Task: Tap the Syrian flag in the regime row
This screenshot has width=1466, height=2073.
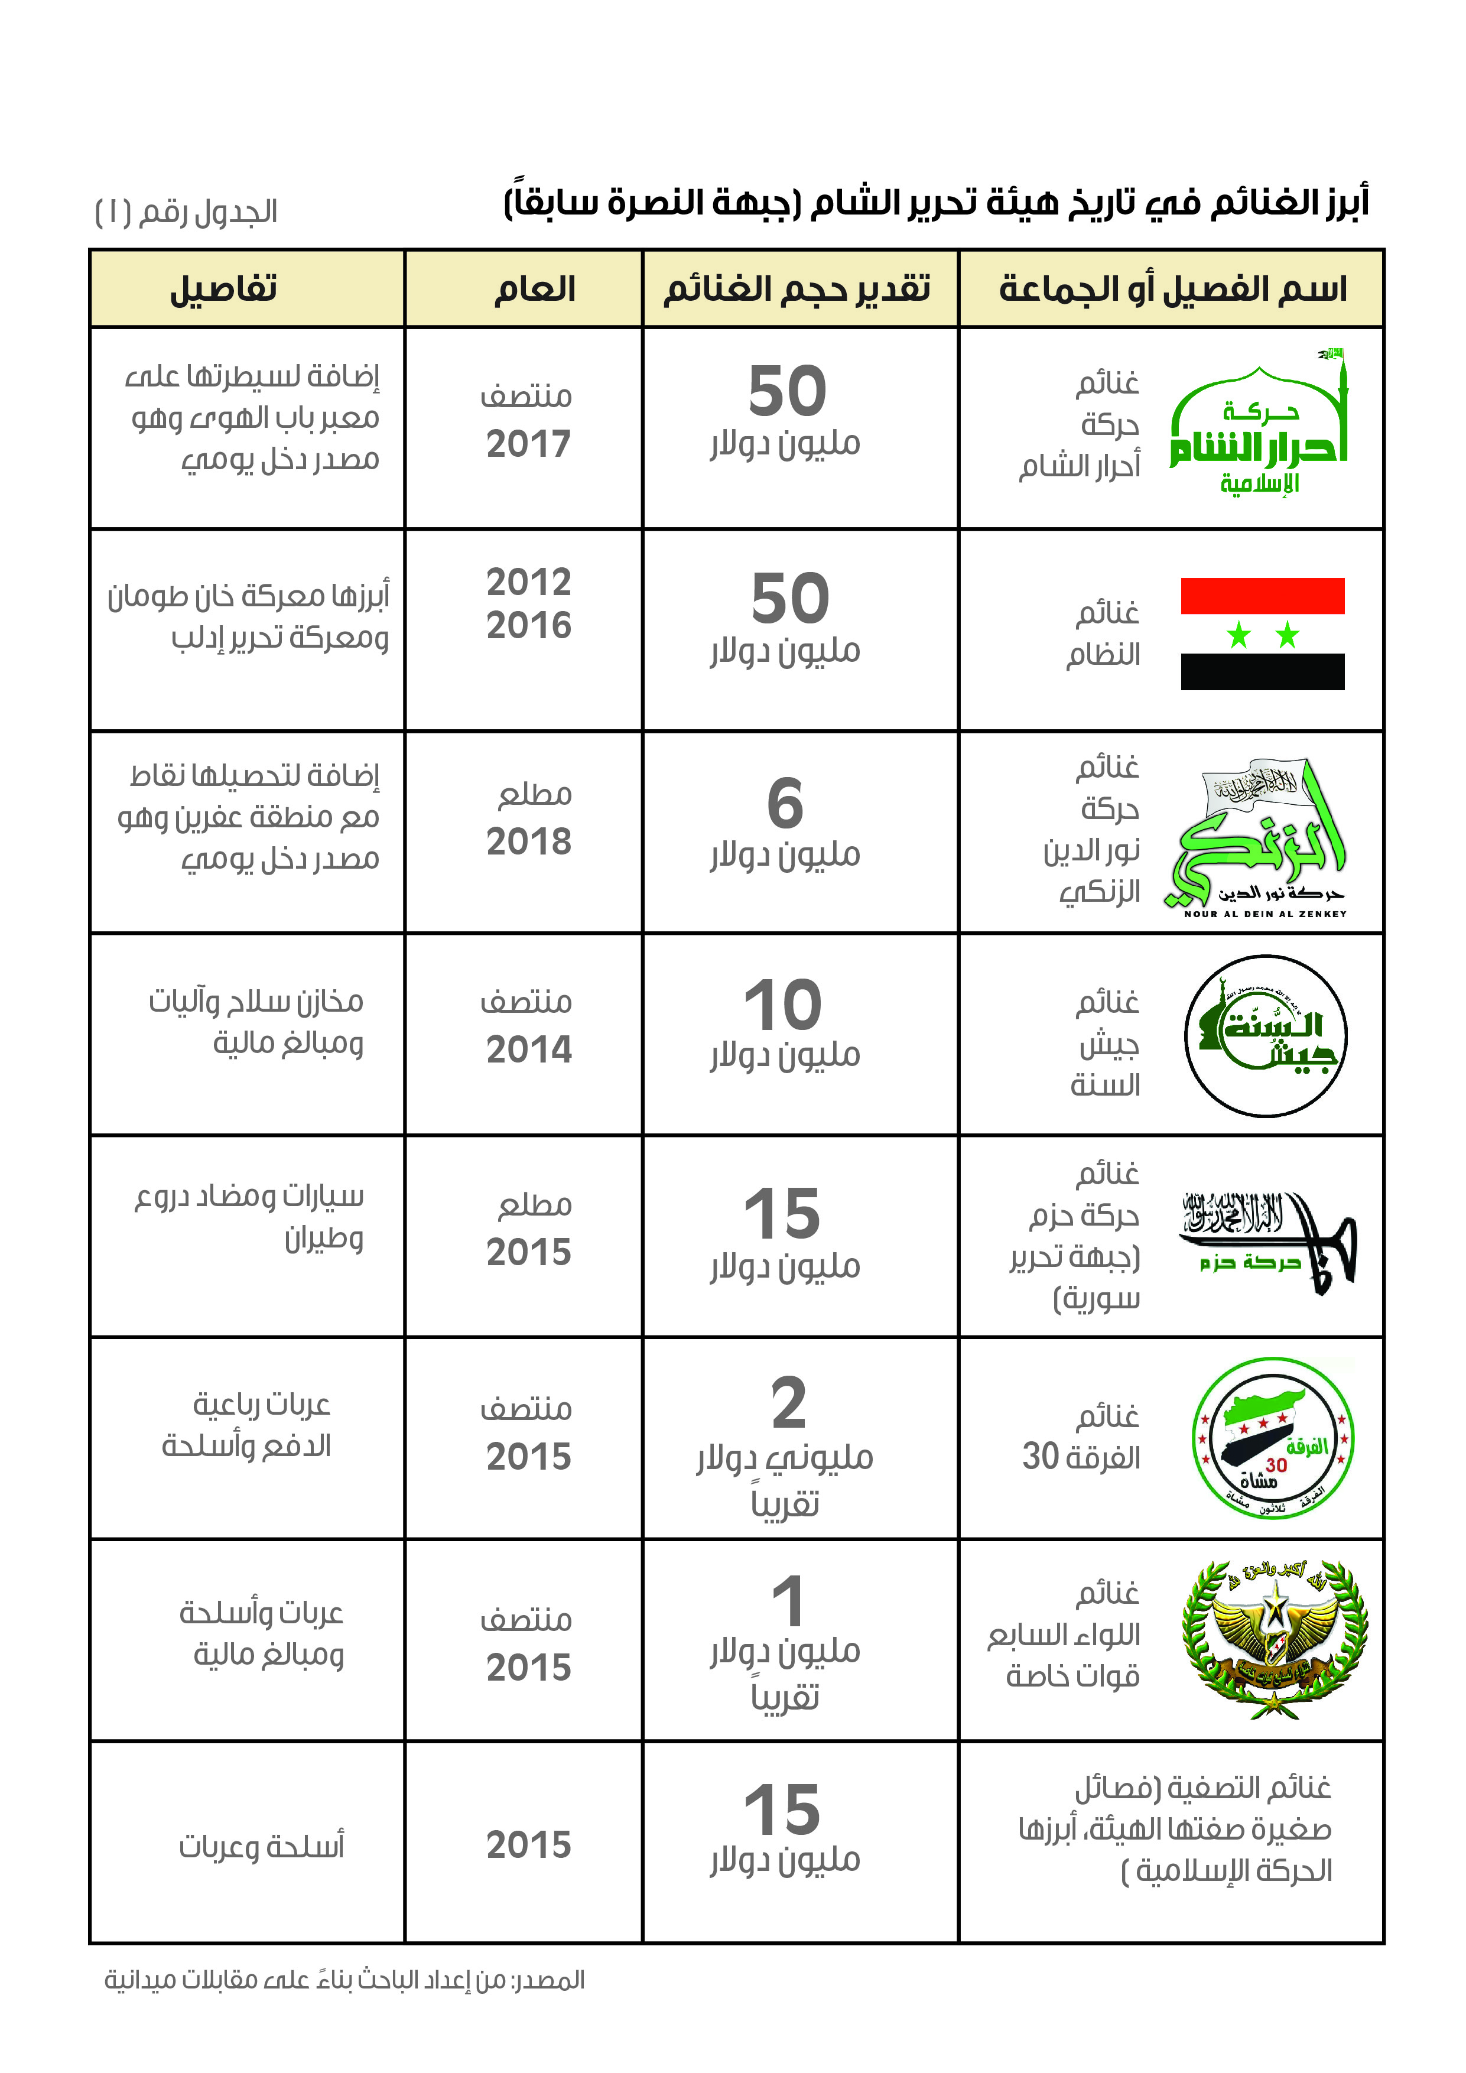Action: pos(1262,634)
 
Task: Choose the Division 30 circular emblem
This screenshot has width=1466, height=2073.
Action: pos(1273,1439)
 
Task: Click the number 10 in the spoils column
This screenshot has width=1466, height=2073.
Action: pos(783,1005)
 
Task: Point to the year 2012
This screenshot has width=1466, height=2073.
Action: pos(528,582)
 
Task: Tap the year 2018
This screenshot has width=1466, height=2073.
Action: pos(528,841)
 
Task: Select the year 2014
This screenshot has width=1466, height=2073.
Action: pos(528,1049)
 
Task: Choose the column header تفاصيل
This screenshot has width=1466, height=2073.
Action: pos(223,289)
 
